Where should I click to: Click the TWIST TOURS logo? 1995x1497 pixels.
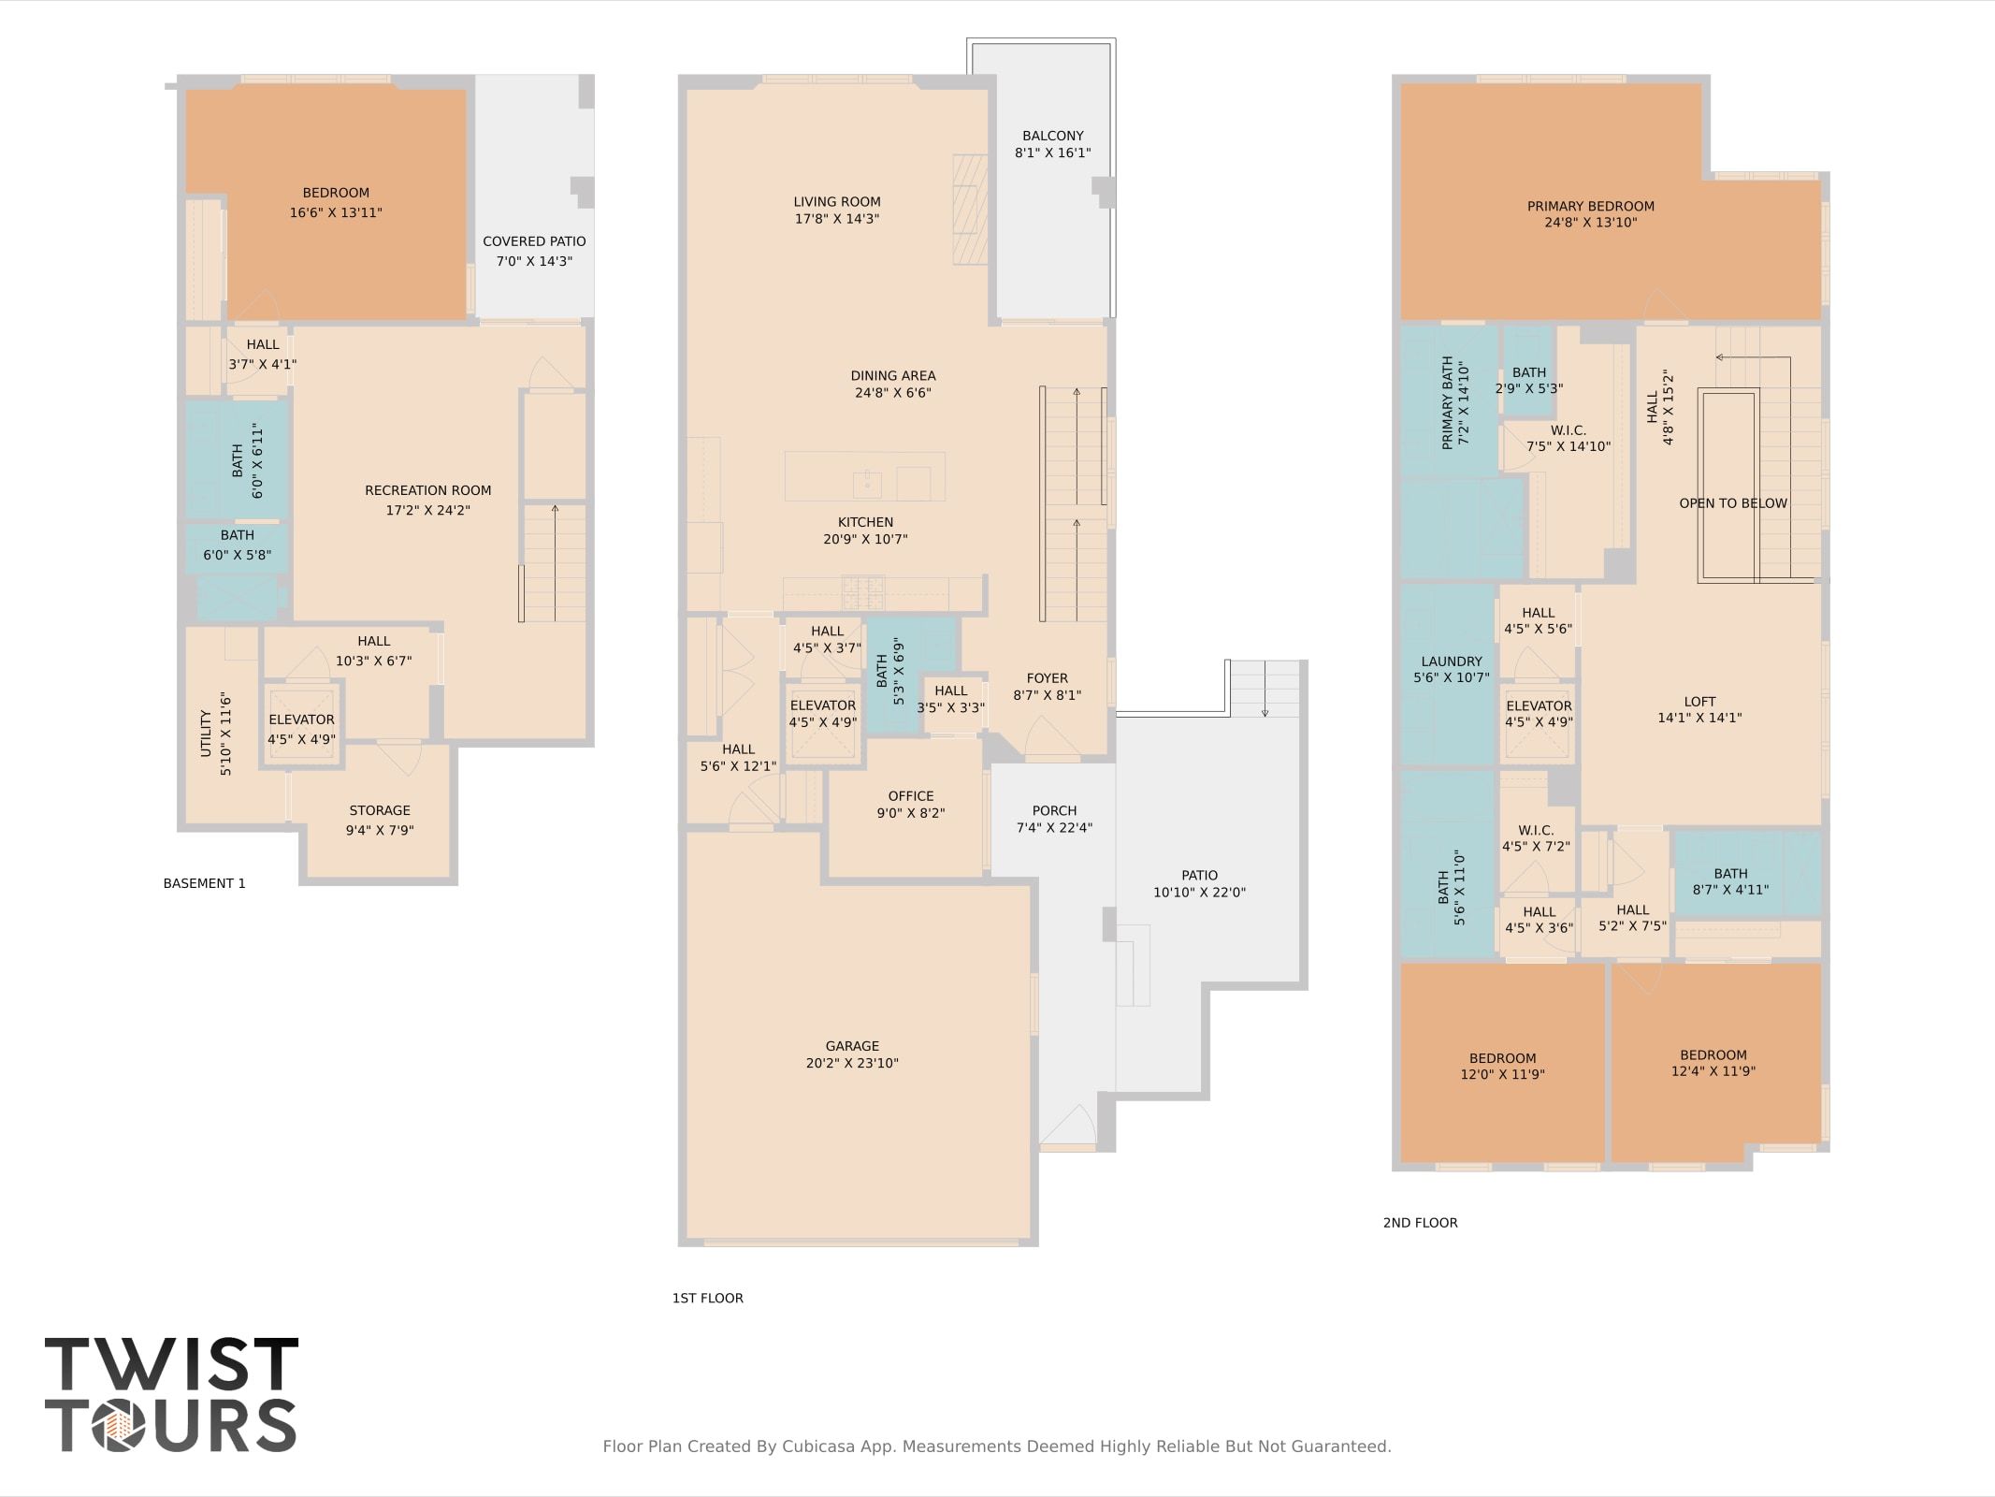click(x=171, y=1394)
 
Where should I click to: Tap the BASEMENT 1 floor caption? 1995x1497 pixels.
click(x=204, y=883)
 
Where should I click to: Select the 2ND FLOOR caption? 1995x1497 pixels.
click(x=1420, y=1222)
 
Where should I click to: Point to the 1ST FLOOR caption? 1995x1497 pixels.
click(x=707, y=1298)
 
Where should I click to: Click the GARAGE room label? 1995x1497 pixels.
click(x=852, y=1046)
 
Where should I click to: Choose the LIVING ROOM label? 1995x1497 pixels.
click(x=837, y=201)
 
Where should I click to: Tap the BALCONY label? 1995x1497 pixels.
click(x=1053, y=136)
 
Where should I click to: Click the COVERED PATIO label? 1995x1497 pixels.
click(x=534, y=241)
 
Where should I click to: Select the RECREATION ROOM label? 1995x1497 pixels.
click(x=427, y=490)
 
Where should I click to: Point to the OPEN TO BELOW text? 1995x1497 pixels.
click(x=1733, y=503)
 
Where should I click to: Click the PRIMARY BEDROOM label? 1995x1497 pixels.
click(x=1591, y=206)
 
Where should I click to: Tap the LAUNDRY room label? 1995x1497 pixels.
click(x=1452, y=661)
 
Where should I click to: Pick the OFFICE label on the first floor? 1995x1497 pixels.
click(x=911, y=796)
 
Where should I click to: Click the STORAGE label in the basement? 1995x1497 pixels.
click(x=380, y=810)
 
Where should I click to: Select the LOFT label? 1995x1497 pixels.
click(x=1699, y=702)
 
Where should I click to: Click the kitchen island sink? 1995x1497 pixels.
click(x=867, y=484)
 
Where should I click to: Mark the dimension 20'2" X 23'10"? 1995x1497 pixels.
click(x=852, y=1063)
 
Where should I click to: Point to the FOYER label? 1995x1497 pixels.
click(x=1047, y=678)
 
